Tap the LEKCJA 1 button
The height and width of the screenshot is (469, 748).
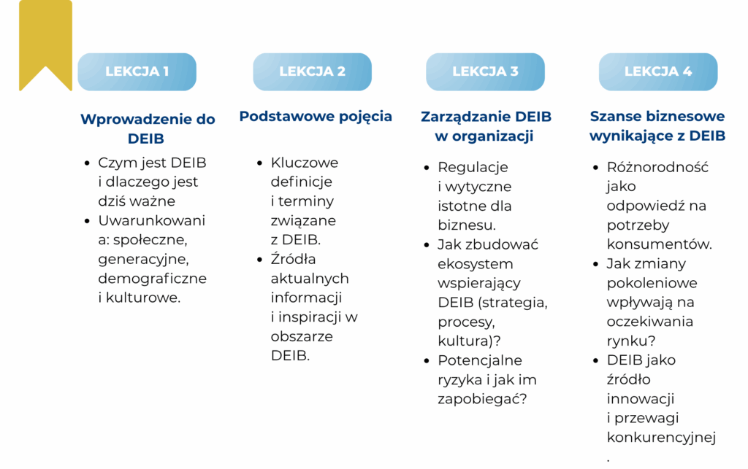pos(137,72)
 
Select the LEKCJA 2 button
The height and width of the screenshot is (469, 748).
pos(312,72)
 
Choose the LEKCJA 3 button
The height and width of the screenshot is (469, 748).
pos(485,72)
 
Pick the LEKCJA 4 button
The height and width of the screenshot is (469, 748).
pos(658,72)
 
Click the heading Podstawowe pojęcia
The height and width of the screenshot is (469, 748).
pos(316,117)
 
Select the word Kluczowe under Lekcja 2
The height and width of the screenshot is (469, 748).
pos(305,163)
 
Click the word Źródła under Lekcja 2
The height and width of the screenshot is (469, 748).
pos(293,258)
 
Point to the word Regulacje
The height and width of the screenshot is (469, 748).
pos(473,168)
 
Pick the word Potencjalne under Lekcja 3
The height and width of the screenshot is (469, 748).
pos(480,360)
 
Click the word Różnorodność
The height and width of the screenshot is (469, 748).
pos(657,167)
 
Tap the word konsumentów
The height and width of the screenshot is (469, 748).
pos(659,244)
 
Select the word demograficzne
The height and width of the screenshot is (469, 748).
pos(152,279)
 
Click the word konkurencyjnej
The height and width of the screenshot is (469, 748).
pos(661,438)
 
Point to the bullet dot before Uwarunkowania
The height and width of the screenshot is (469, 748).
pos(87,221)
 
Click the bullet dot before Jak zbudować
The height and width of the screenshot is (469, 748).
pos(427,245)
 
